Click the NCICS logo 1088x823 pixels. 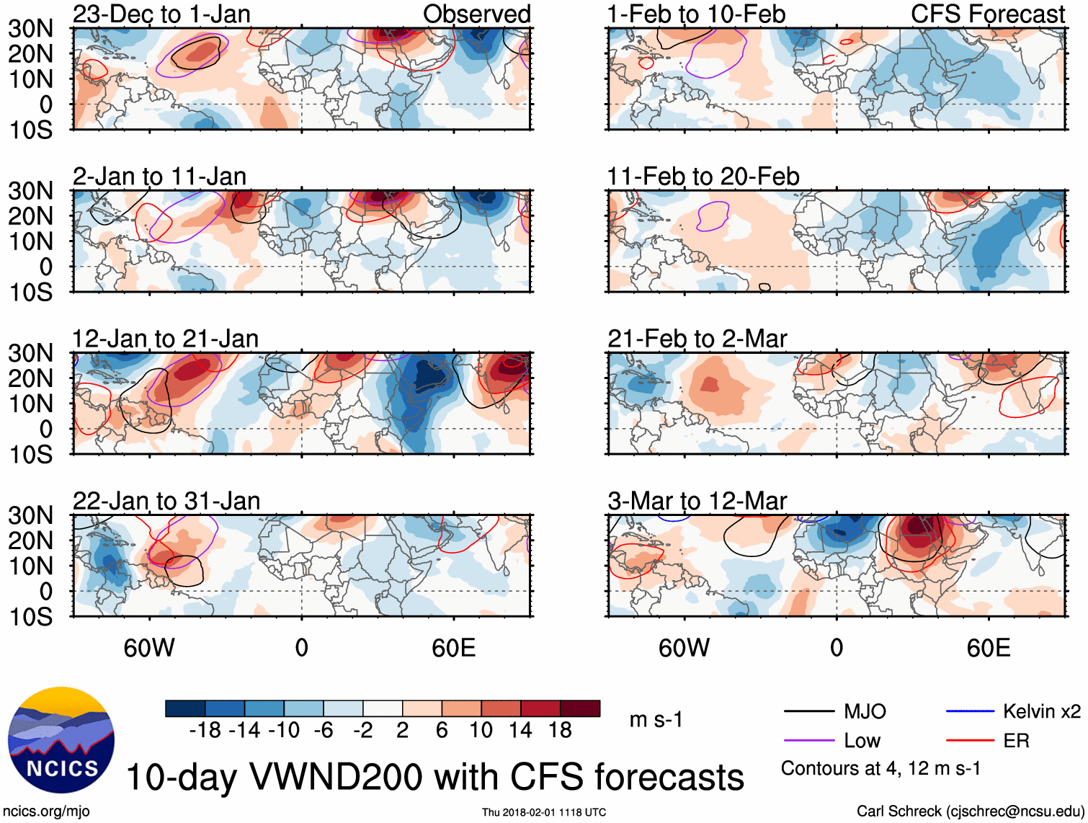click(61, 740)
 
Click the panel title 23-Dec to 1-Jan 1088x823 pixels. click(161, 14)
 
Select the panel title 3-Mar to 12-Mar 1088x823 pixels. click(697, 501)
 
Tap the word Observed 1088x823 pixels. click(476, 14)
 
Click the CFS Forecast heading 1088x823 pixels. click(987, 14)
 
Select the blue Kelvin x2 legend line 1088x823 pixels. click(970, 711)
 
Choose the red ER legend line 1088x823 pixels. click(970, 740)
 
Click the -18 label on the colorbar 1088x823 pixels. click(205, 730)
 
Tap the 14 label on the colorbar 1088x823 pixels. click(520, 730)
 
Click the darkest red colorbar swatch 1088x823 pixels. click(580, 708)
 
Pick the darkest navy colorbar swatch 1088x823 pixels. click(185, 708)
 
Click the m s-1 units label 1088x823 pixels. click(656, 719)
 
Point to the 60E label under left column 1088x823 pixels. click(453, 648)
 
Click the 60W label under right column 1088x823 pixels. click(684, 648)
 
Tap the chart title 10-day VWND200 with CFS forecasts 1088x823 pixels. click(434, 777)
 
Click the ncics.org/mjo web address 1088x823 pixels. click(46, 811)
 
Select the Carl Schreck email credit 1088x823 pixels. click(970, 811)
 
